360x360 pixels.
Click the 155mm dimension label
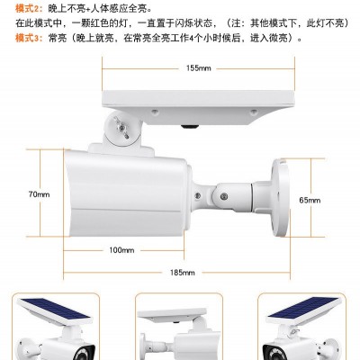(x=198, y=68)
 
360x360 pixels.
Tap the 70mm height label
(x=39, y=194)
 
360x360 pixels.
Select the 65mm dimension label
(x=310, y=200)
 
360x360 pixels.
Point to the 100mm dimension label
(x=121, y=250)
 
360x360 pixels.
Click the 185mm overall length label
(x=183, y=273)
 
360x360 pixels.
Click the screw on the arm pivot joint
(x=223, y=196)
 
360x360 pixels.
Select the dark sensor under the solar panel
(x=190, y=127)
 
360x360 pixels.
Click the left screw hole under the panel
(x=155, y=112)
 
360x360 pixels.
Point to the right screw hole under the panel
(x=254, y=112)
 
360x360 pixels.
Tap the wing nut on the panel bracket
(x=121, y=128)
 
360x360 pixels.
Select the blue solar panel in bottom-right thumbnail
(x=303, y=310)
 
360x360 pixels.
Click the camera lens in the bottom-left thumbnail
(x=84, y=353)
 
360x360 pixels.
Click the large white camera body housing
(x=127, y=194)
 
